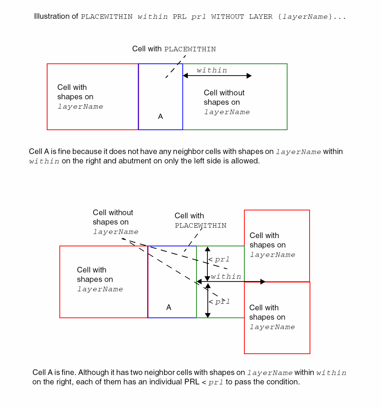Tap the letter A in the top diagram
click(x=160, y=117)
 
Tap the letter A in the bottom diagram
click(x=169, y=307)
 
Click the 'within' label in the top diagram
click(x=212, y=70)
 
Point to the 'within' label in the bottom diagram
click(x=226, y=277)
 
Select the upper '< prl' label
click(x=219, y=260)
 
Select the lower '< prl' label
click(x=219, y=302)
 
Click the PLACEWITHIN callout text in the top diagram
click(x=174, y=49)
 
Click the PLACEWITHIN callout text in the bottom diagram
click(x=200, y=221)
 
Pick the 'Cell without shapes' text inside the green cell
click(x=226, y=102)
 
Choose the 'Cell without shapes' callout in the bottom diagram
click(x=115, y=222)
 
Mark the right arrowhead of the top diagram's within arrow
click(x=249, y=76)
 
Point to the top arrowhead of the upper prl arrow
click(x=207, y=249)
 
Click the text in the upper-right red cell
click(x=272, y=245)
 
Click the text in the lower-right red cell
click(x=272, y=317)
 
